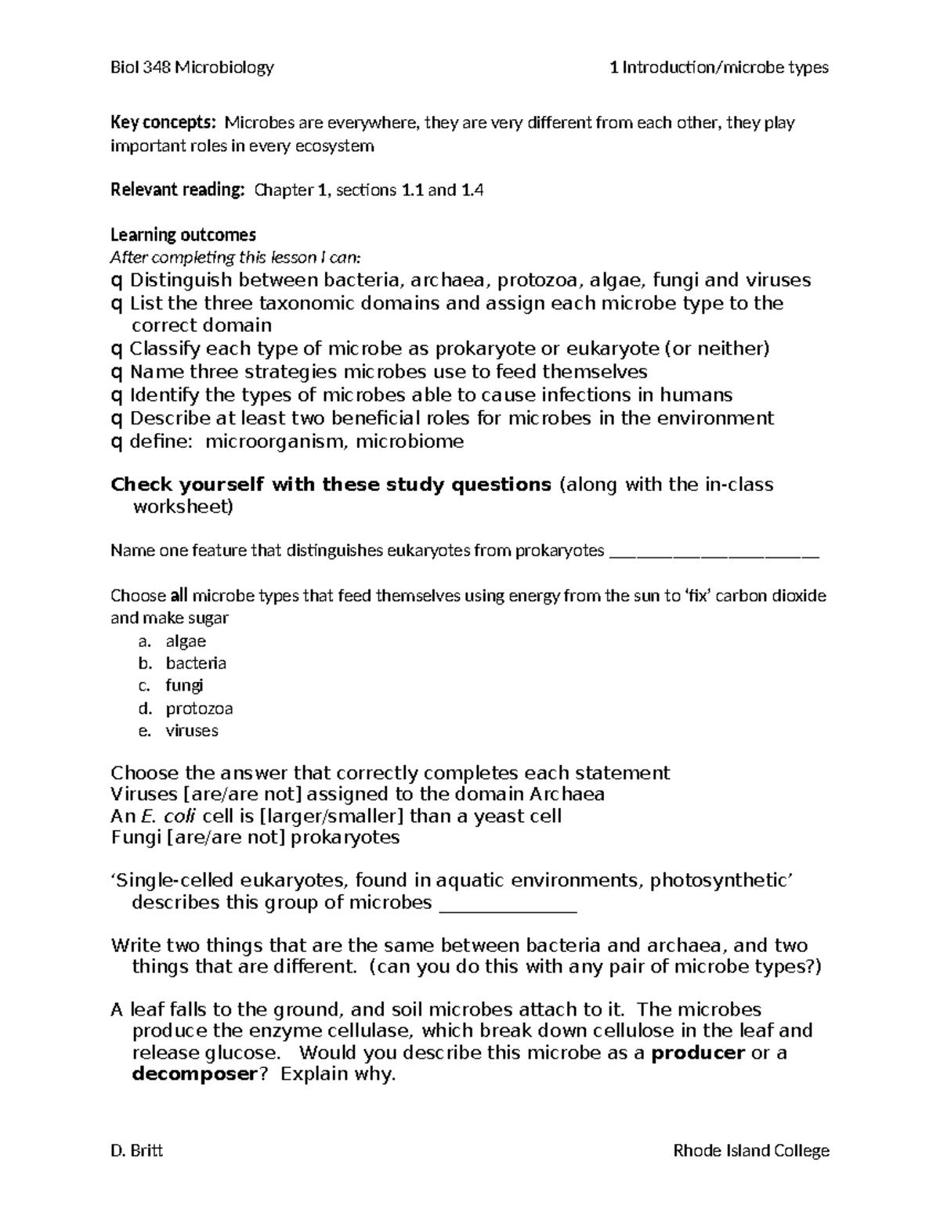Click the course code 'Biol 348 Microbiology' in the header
tap(192, 67)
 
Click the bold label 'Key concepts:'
tap(162, 123)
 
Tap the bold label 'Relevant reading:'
tap(178, 189)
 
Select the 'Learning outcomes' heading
tap(183, 235)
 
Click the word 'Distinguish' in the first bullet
tap(181, 280)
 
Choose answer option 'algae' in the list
tap(186, 641)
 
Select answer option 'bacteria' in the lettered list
tap(196, 663)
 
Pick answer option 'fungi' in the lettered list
tap(184, 686)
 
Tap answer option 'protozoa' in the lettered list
tap(199, 709)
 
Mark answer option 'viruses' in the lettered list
tap(192, 731)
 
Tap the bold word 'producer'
tap(698, 1052)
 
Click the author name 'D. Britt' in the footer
tap(137, 1150)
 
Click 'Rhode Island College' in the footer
tap(750, 1150)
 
